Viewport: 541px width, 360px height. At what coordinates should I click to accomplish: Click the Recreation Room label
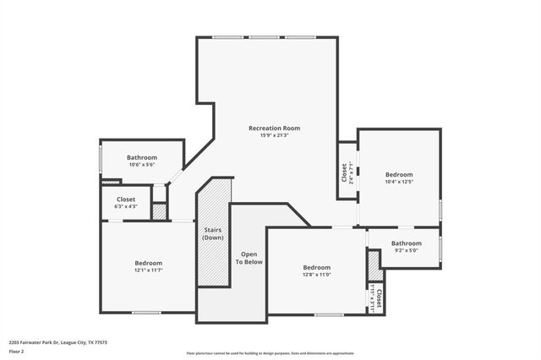[x=274, y=128]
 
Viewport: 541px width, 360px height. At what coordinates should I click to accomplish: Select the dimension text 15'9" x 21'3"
[x=274, y=135]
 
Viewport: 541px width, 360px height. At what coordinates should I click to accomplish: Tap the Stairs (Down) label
[x=213, y=233]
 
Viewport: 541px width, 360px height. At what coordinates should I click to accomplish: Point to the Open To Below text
[x=249, y=258]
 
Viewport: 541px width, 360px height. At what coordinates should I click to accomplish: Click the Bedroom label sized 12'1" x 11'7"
[x=148, y=263]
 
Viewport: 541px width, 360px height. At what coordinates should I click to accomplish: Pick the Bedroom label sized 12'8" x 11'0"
[x=317, y=267]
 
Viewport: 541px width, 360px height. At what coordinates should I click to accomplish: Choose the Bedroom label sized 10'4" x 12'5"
[x=399, y=174]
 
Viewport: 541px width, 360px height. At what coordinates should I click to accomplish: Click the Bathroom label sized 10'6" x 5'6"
[x=142, y=157]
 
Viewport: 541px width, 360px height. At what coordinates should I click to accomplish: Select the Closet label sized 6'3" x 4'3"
[x=125, y=199]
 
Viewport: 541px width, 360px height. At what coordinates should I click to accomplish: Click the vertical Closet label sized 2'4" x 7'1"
[x=344, y=173]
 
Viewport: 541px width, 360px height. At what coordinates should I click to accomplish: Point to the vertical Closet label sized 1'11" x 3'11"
[x=380, y=298]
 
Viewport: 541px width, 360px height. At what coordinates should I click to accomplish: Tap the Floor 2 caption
[x=16, y=350]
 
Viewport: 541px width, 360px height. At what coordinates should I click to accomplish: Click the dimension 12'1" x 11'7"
[x=148, y=270]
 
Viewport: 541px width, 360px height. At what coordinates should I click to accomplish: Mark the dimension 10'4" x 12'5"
[x=399, y=182]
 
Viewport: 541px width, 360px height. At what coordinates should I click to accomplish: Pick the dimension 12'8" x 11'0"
[x=317, y=275]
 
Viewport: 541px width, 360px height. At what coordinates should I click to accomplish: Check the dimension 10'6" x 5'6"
[x=142, y=165]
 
